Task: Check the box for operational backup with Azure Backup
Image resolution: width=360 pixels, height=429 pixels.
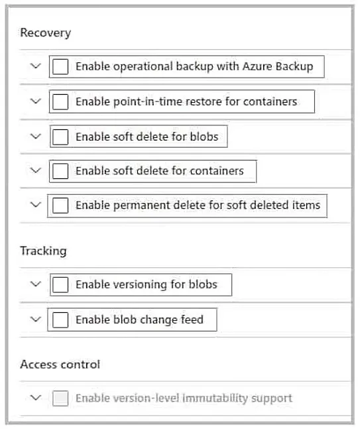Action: point(60,67)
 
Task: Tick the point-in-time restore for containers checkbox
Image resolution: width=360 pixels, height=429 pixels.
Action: point(60,101)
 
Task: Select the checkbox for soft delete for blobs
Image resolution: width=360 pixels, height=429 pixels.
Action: point(60,137)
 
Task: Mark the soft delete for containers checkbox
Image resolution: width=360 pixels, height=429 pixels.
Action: point(60,171)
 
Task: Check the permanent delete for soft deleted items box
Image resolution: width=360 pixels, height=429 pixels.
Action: point(60,206)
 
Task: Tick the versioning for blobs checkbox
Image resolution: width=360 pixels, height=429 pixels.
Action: point(60,284)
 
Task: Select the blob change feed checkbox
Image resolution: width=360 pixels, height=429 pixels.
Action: point(60,320)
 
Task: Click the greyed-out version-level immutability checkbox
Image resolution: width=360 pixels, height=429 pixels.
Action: point(60,398)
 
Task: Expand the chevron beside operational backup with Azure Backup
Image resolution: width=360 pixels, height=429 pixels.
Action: point(36,66)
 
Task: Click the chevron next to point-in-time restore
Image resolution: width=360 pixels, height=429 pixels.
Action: point(36,101)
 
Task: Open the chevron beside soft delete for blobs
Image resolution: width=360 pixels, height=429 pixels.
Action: point(36,136)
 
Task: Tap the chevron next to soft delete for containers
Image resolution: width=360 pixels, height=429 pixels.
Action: point(36,170)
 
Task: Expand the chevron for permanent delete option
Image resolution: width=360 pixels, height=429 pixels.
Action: point(36,204)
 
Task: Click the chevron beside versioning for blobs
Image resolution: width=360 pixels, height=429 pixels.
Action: point(36,284)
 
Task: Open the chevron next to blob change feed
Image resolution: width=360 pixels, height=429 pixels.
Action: point(36,319)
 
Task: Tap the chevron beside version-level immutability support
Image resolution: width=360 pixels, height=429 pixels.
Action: point(36,397)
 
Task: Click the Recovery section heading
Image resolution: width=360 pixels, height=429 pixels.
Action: point(45,33)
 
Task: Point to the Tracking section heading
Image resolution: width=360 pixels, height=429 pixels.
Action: point(43,251)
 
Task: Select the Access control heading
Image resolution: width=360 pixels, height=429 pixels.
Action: point(60,365)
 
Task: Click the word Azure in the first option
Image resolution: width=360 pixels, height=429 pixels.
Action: point(257,66)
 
